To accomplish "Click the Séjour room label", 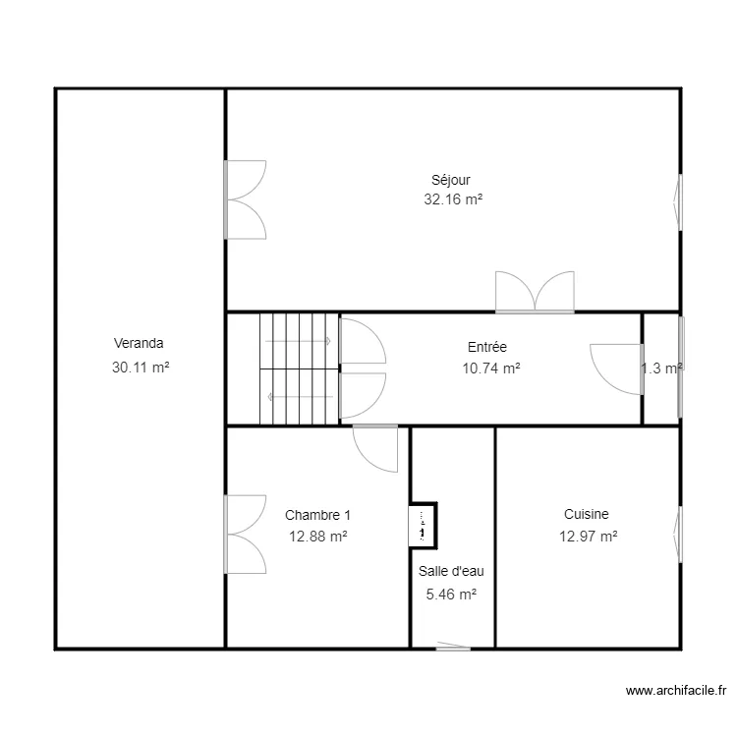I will (451, 180).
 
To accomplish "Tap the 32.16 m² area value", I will (453, 199).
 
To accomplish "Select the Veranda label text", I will (139, 344).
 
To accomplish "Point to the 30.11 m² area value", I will (141, 367).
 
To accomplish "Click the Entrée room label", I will (486, 346).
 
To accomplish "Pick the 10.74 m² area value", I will (490, 368).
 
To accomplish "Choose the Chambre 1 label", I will (317, 515).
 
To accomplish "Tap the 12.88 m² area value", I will (317, 537).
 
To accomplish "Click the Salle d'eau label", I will (451, 571).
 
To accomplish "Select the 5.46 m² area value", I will (451, 594).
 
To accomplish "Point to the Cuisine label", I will (587, 514).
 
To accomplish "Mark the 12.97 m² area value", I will (589, 537).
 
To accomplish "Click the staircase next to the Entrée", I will (298, 368).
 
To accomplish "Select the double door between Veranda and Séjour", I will (245, 199).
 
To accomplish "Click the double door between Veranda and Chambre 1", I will (245, 534).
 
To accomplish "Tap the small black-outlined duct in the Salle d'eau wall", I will (423, 525).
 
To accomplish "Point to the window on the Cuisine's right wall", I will (678, 535).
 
